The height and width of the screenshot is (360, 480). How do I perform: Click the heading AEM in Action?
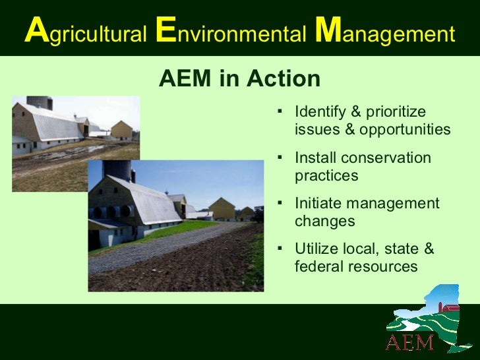coord(240,79)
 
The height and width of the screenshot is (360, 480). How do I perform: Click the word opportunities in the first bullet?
coord(405,129)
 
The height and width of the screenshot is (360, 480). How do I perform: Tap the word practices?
coord(326,176)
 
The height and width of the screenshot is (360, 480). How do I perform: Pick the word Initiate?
coord(317,203)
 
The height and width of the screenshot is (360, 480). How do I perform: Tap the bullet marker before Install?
coord(280,158)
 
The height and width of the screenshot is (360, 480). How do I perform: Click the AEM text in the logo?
coord(409,342)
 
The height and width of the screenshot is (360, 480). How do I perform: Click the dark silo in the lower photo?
coord(119,170)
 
